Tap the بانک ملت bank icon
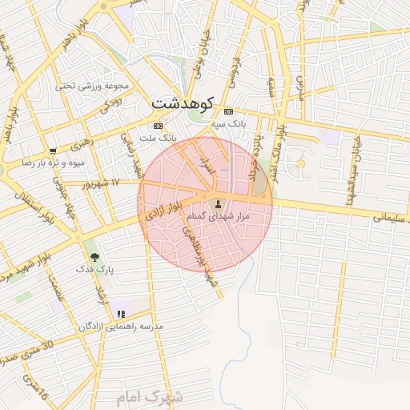pyautogui.click(x=158, y=126)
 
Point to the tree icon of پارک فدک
pyautogui.click(x=95, y=257)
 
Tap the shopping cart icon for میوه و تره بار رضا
pyautogui.click(x=53, y=151)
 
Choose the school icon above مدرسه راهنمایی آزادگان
pyautogui.click(x=120, y=315)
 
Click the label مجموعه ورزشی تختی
pyautogui.click(x=87, y=85)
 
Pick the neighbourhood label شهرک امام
pyautogui.click(x=150, y=396)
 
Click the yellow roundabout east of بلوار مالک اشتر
pyautogui.click(x=301, y=163)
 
